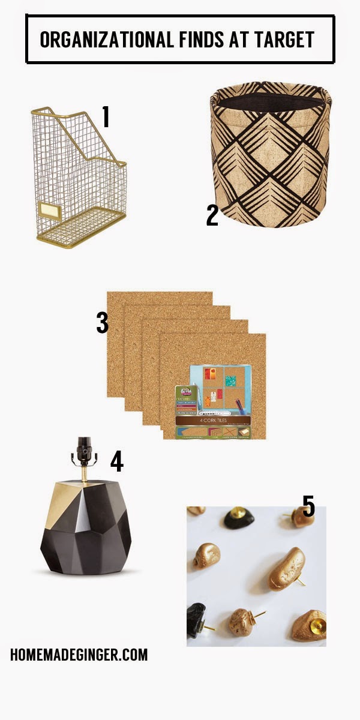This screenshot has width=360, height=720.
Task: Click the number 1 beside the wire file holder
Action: (106, 117)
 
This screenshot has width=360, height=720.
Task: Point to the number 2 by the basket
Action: (212, 215)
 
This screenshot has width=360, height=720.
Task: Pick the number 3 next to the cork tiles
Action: (103, 322)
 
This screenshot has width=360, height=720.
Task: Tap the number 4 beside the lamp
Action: (116, 461)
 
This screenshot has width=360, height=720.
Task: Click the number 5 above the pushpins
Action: (308, 506)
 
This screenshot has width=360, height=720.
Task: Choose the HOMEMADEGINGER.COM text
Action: (79, 654)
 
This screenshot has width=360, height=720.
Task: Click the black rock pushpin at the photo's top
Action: (239, 517)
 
